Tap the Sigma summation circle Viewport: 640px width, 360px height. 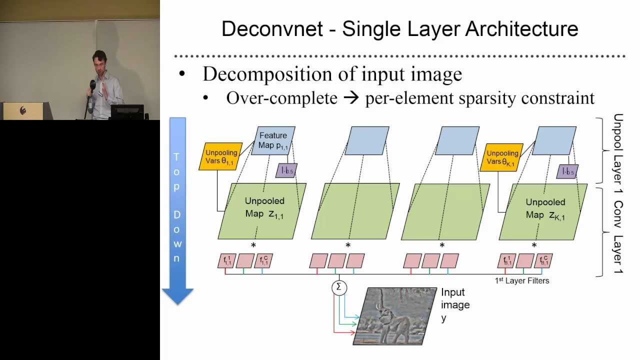tap(339, 287)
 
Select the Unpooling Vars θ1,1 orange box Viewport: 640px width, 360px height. tap(220, 156)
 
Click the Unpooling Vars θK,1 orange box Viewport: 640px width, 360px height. tap(502, 157)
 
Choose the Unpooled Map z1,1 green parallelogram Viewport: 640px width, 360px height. tap(262, 210)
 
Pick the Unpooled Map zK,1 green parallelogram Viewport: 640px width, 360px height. tap(543, 210)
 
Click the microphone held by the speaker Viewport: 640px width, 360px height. tap(92, 85)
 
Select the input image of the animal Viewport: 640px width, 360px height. tap(395, 316)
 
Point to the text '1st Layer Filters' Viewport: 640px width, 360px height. tap(522, 281)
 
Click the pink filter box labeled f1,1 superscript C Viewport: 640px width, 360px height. tap(263, 260)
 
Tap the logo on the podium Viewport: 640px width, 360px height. tap(23, 110)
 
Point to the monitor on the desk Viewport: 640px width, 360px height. tap(127, 111)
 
